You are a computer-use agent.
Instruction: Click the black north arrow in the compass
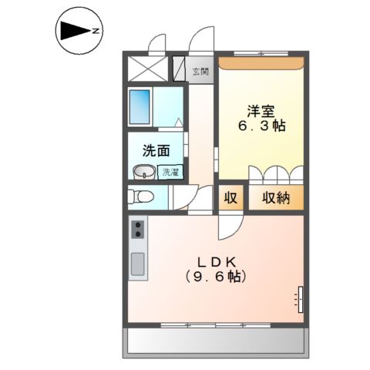tap(75, 31)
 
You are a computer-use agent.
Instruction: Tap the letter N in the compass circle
tap(96, 31)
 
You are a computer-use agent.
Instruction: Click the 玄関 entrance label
tap(200, 72)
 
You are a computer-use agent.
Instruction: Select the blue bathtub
tap(140, 107)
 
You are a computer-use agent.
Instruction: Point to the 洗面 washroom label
tap(156, 150)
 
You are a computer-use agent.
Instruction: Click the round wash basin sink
tap(144, 172)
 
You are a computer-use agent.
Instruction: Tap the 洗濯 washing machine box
tap(170, 172)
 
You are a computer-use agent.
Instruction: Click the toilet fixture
tap(140, 197)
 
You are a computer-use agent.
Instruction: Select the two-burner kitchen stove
tap(138, 230)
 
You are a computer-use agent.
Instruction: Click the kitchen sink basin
tap(138, 264)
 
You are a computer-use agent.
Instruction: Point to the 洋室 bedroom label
tap(261, 111)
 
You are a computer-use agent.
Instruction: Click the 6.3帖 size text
tap(262, 126)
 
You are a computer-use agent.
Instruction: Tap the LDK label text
tap(217, 262)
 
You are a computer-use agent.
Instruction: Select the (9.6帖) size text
tap(216, 277)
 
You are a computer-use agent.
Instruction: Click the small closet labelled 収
tap(230, 197)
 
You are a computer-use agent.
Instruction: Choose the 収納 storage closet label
tap(276, 198)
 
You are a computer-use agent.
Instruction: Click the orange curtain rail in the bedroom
tap(261, 63)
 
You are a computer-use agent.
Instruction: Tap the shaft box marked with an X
tap(148, 69)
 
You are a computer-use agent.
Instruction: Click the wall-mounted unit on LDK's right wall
tap(300, 299)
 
